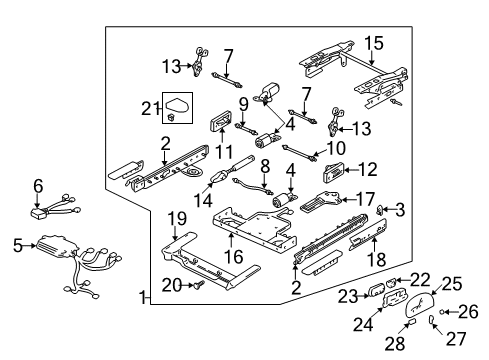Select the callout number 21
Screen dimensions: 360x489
tap(148, 108)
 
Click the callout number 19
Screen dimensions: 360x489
tap(176, 218)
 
